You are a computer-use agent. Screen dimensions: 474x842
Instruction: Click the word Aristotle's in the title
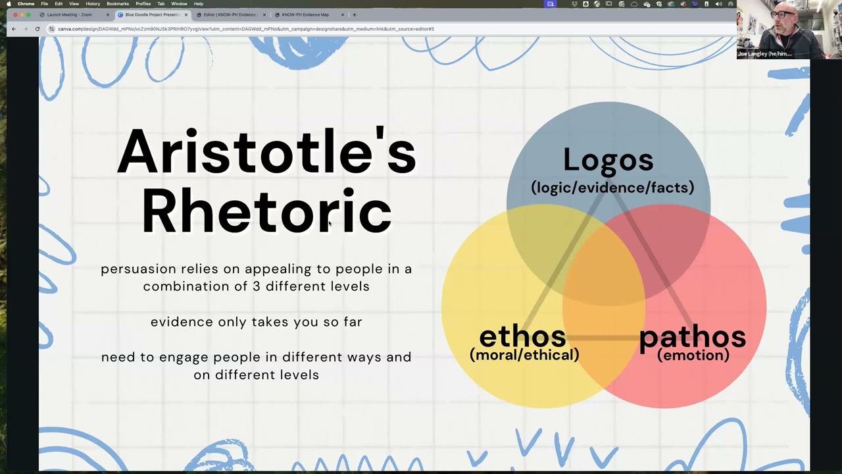(x=266, y=153)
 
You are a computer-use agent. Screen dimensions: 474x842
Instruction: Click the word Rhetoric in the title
(x=266, y=212)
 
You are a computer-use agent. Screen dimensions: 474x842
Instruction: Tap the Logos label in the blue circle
(x=608, y=160)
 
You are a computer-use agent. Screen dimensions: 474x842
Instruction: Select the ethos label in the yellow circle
(x=522, y=336)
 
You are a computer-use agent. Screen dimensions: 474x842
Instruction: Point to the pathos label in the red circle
(x=692, y=336)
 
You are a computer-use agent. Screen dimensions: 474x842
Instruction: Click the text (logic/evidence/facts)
(x=612, y=188)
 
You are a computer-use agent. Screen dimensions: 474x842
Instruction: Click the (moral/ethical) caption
(x=524, y=355)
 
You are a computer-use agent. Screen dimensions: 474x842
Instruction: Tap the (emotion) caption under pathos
(x=693, y=355)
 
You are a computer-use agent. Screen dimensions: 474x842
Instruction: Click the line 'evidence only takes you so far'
(x=256, y=322)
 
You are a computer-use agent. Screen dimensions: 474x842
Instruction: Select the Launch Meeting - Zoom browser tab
(x=69, y=14)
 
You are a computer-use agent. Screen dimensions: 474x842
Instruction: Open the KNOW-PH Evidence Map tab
(x=305, y=14)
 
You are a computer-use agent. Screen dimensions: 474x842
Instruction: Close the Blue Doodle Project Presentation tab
(x=186, y=14)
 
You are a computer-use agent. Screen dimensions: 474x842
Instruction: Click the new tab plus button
(x=355, y=14)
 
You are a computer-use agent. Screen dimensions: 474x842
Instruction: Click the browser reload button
(x=37, y=29)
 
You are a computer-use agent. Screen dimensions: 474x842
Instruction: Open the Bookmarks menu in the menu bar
(x=118, y=4)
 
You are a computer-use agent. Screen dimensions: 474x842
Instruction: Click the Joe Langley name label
(x=764, y=54)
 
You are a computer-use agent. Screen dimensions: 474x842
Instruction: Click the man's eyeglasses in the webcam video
(x=782, y=14)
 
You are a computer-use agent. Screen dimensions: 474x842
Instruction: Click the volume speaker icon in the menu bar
(x=718, y=4)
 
